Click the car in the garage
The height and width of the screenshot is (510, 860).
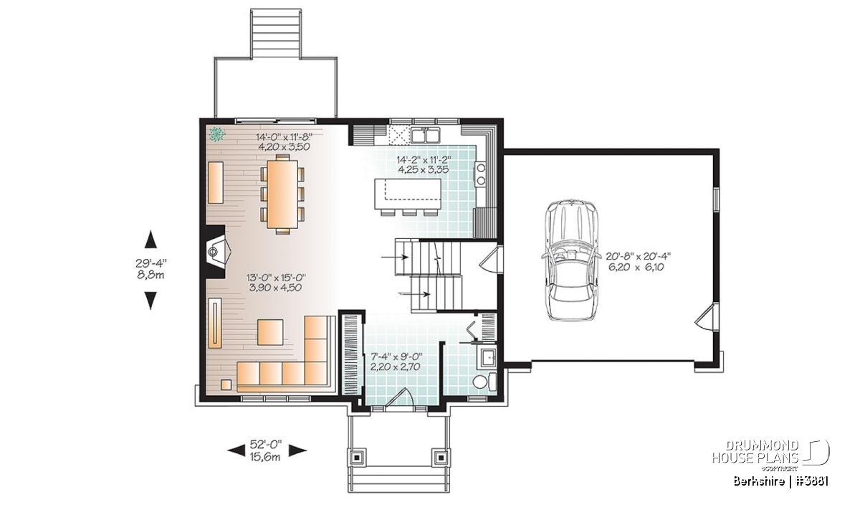click(570, 260)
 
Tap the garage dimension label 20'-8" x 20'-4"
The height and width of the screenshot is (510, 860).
click(638, 256)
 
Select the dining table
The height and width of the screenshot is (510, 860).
click(283, 194)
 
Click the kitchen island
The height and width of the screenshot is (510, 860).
click(408, 194)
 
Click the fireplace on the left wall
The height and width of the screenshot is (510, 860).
click(216, 251)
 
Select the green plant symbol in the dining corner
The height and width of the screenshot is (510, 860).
click(217, 134)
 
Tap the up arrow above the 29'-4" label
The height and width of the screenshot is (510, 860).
click(151, 239)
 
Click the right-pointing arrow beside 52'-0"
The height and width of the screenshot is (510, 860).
click(297, 450)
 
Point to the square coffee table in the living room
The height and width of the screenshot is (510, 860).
click(270, 332)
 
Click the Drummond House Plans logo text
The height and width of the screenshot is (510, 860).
click(755, 452)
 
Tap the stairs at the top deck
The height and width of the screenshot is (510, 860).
click(275, 34)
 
